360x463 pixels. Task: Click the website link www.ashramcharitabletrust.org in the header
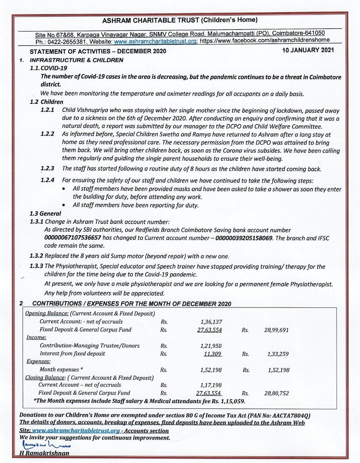click(156, 40)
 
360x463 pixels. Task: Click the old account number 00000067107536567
click(76, 238)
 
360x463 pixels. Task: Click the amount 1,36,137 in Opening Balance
click(211, 322)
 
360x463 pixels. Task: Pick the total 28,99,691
click(276, 330)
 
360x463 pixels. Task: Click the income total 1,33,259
click(278, 354)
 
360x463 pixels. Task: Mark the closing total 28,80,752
click(276, 393)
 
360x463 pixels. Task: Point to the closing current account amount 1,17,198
click(211, 385)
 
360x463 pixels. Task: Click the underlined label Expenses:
click(38, 362)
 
